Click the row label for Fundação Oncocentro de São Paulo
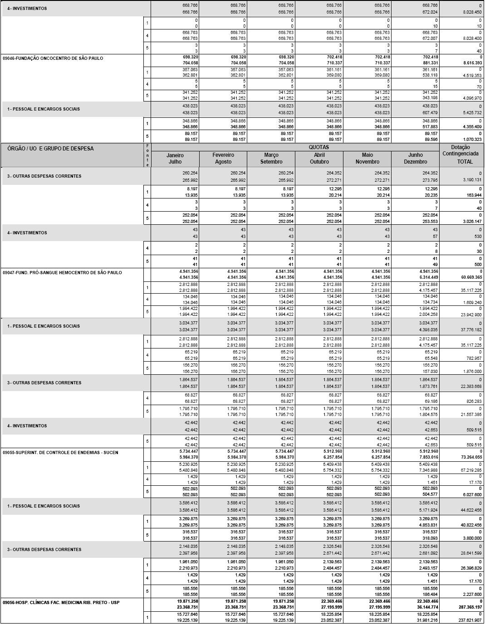click(x=53, y=58)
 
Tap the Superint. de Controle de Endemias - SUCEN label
click(x=60, y=452)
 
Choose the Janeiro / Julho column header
click(x=175, y=158)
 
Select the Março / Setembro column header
click(x=271, y=158)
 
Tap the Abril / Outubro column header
click(x=319, y=158)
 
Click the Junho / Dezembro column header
click(x=416, y=158)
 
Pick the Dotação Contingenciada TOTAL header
click(x=461, y=154)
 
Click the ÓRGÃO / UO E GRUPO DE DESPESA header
click(x=50, y=149)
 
